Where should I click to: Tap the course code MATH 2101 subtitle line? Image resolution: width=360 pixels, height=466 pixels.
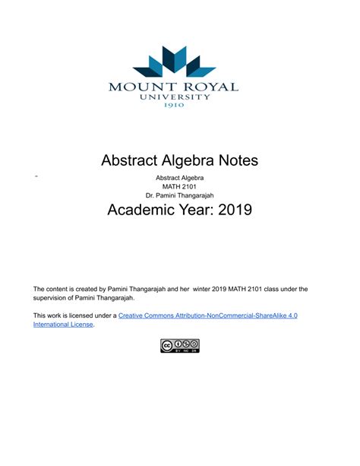[x=179, y=186]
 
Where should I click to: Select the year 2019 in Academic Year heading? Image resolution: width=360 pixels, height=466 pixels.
[x=228, y=209]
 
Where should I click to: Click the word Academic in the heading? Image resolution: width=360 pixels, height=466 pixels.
[x=142, y=209]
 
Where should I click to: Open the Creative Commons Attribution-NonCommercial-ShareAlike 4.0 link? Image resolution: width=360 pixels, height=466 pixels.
[x=207, y=315]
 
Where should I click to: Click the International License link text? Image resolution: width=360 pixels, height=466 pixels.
[x=63, y=324]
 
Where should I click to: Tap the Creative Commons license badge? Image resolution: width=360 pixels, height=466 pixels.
[x=179, y=346]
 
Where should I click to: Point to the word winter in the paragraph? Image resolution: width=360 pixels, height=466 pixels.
[x=225, y=289]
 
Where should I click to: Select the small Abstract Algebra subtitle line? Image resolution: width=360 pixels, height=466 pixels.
[x=179, y=177]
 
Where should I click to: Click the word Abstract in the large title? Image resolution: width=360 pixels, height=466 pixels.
[x=125, y=160]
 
